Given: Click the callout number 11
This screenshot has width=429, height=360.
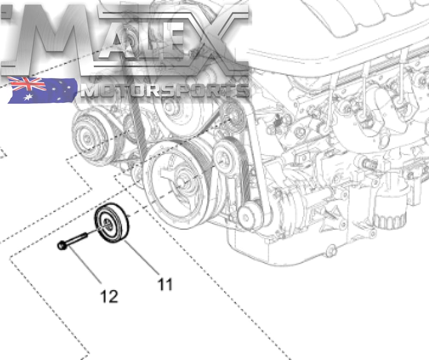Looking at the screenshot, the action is click(x=165, y=284).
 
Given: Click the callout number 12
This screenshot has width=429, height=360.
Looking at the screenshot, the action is click(x=109, y=296).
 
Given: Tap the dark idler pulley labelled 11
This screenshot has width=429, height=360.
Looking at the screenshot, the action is click(x=112, y=223).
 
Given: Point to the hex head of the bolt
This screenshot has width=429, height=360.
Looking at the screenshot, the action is click(x=61, y=246).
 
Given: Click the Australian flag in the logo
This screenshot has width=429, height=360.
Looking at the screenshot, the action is click(x=42, y=90).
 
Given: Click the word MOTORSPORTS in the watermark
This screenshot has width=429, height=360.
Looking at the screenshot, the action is click(x=165, y=90).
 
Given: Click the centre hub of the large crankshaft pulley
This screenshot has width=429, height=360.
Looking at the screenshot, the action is click(x=181, y=183).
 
